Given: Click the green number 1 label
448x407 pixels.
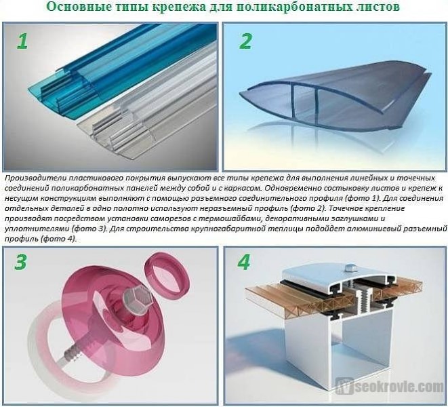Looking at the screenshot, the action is point(22,41).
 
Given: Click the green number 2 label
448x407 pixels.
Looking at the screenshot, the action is point(245,41).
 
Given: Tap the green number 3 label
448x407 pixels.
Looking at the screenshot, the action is point(21,262).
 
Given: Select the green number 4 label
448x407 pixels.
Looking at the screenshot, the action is point(243,262).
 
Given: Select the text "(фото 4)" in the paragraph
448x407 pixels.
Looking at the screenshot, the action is point(59,239).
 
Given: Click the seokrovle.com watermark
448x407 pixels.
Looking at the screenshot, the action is point(390,387).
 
